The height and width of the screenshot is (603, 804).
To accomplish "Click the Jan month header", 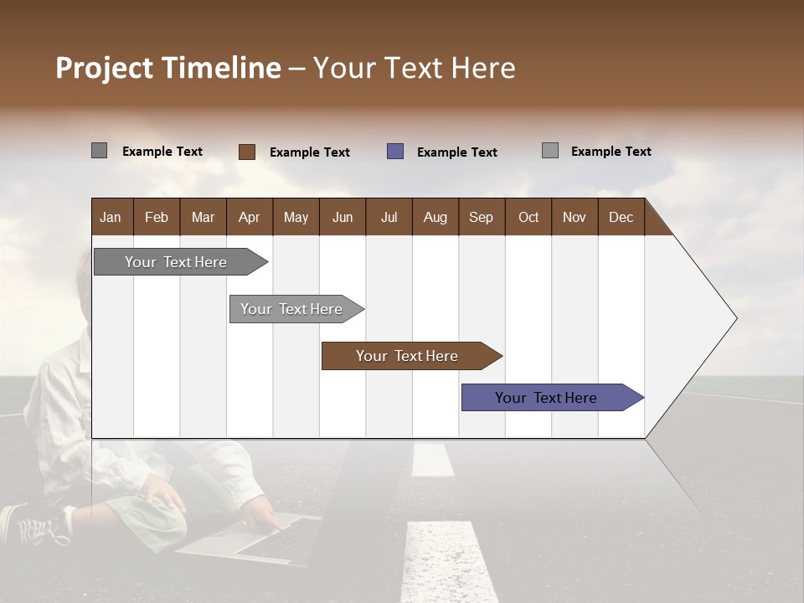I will (111, 218).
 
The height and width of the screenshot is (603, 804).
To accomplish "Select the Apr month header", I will (249, 218).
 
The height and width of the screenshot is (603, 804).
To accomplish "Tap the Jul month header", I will (389, 218).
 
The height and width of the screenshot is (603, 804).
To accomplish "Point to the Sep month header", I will (481, 218).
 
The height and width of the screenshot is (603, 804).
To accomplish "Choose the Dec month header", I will (621, 218).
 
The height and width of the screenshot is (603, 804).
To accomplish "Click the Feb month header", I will (157, 218).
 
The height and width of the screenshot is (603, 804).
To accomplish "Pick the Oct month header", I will (528, 218).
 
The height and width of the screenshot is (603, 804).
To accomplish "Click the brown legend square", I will (247, 152).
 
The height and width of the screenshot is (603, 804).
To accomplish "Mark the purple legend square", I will (395, 152).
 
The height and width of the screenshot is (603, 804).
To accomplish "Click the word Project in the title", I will (105, 68).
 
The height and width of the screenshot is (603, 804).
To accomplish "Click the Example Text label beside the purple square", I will (456, 152).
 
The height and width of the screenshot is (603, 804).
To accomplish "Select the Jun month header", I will (343, 218).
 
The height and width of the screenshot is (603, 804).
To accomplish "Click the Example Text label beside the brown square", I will (309, 152).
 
